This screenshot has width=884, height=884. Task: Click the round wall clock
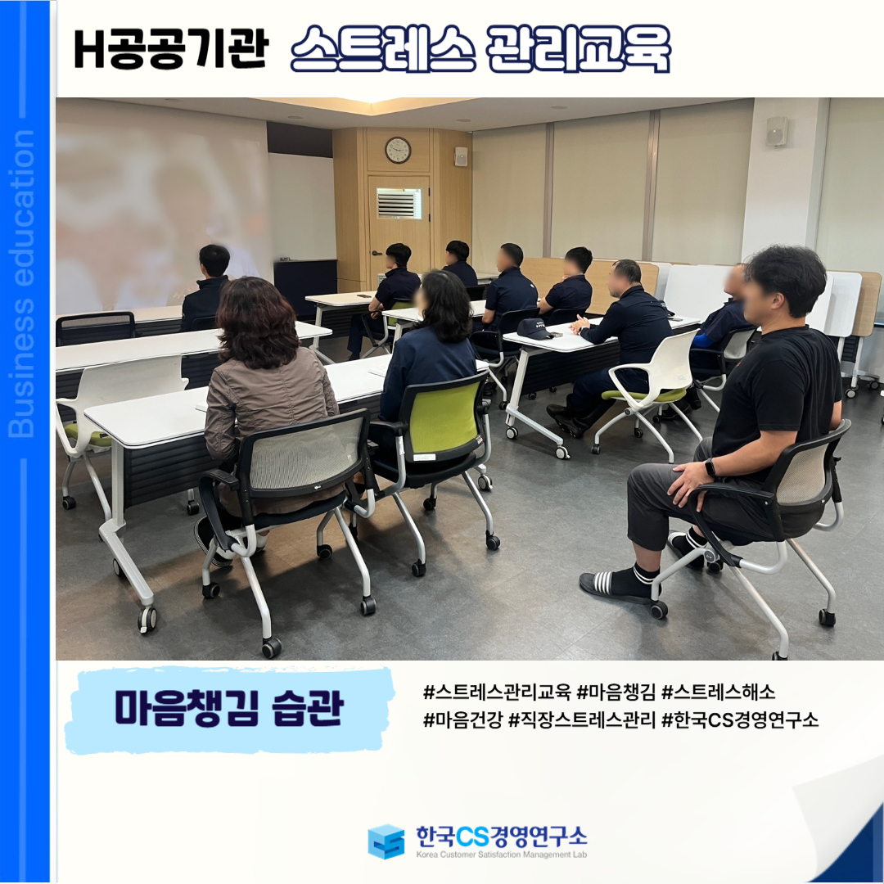398,150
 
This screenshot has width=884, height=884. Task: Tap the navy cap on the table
534,329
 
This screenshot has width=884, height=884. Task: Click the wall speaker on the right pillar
777,131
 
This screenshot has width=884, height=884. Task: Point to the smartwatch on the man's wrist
710,467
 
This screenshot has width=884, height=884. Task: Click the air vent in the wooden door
399,203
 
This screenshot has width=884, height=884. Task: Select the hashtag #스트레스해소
718,692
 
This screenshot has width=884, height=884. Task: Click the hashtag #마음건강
462,719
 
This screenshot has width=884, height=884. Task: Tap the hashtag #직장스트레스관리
582,719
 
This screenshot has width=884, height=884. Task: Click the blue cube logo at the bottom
386,841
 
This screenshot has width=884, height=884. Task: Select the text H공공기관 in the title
170,50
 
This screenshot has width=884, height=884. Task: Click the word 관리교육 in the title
577,49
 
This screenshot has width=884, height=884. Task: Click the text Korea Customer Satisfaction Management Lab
501,855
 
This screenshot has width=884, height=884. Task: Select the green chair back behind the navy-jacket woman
443,417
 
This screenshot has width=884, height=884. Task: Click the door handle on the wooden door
376,253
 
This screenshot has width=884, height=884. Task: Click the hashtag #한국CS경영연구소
740,719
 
